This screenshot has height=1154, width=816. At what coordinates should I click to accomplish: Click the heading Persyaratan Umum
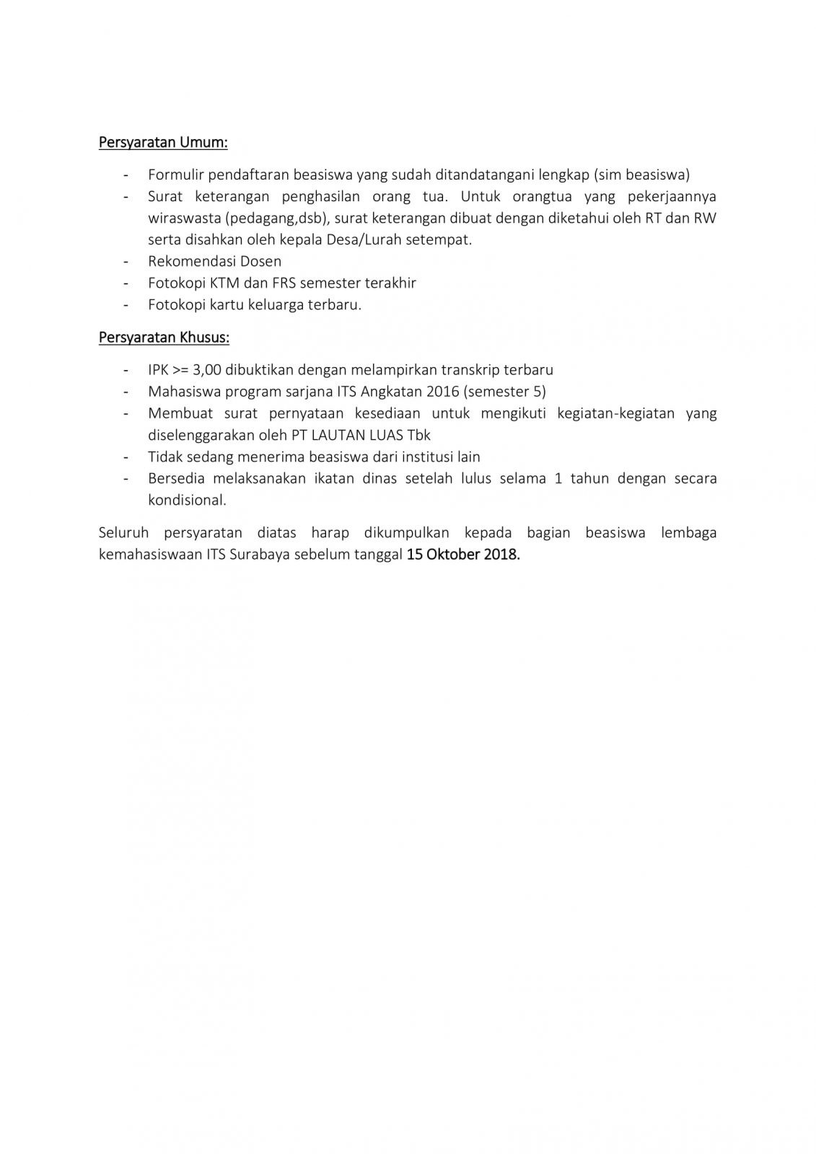163,142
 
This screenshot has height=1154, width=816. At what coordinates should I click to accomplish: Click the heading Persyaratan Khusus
164,337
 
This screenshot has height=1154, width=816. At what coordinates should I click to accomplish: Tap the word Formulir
175,175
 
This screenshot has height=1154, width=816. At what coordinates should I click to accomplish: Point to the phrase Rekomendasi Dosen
214,261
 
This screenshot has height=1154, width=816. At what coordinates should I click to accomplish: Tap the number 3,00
207,370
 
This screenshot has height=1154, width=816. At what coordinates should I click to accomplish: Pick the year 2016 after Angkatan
442,392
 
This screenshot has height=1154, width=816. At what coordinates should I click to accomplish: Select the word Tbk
419,435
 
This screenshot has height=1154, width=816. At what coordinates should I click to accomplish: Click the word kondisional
187,500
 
